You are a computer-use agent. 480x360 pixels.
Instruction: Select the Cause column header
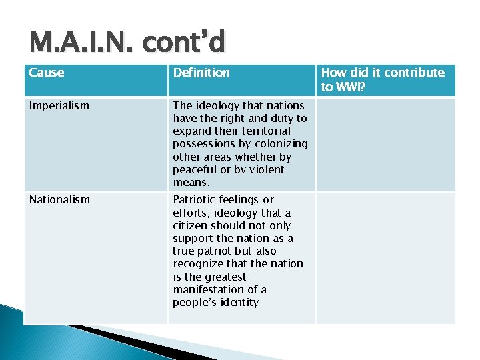point(47,73)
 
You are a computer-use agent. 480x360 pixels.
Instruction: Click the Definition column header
point(201,73)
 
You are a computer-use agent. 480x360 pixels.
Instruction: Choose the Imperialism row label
point(59,105)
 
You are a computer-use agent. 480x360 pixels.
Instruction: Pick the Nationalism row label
point(59,199)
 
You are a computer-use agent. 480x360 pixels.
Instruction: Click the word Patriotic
point(195,199)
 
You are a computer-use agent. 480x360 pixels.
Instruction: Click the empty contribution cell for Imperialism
point(385,144)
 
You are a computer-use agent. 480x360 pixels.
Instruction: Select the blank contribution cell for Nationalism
point(385,257)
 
